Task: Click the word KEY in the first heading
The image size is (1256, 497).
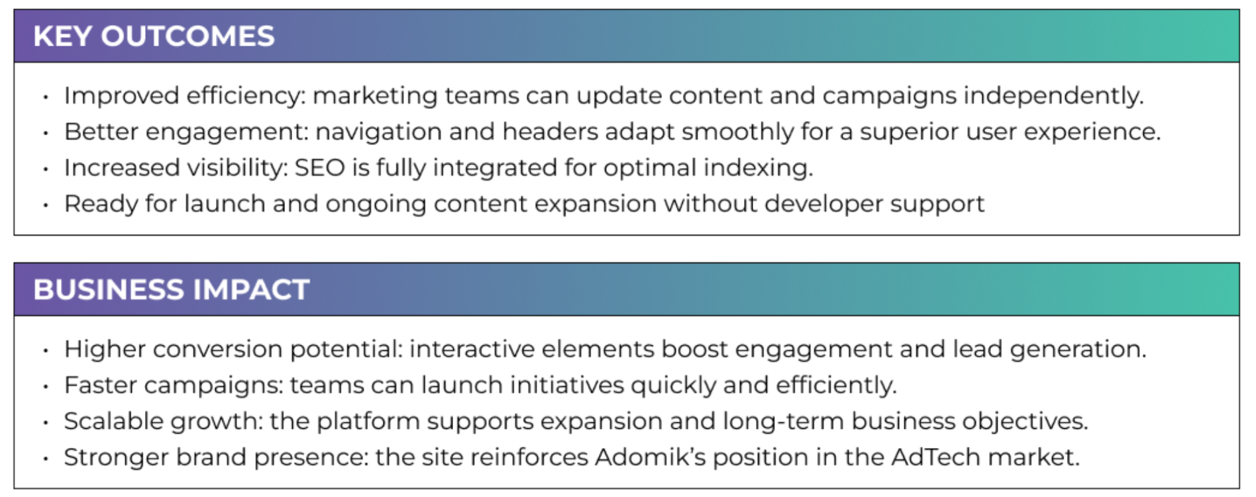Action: tap(62, 36)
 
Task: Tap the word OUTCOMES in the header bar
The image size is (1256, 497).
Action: tap(187, 36)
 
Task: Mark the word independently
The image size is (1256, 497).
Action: tap(1053, 97)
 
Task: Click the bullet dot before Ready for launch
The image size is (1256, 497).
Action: tap(46, 205)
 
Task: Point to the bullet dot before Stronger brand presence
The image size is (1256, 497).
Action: tap(46, 458)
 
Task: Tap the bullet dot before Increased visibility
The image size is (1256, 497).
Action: tap(46, 169)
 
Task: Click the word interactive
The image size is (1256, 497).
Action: tap(472, 349)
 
